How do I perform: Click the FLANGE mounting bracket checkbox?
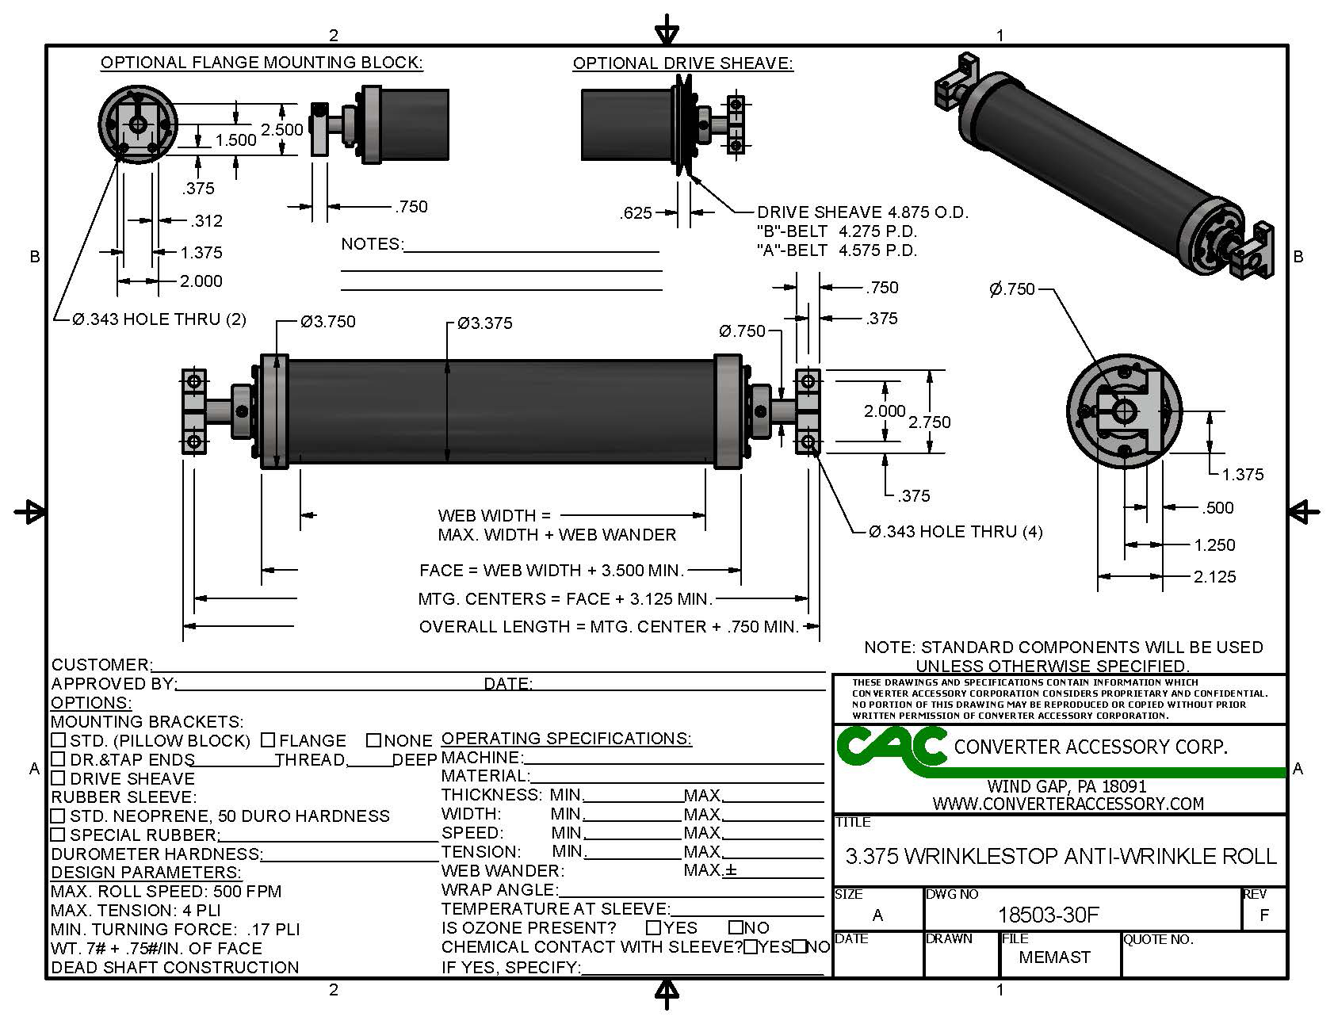coord(268,740)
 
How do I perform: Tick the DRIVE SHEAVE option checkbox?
coord(58,778)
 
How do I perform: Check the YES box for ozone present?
coord(654,927)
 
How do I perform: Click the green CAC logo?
coord(891,747)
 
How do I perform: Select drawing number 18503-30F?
coord(1048,915)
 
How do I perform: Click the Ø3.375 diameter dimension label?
coord(485,323)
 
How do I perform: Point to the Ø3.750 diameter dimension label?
coord(327,322)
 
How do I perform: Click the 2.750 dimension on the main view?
coord(929,422)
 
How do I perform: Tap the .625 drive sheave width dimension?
coord(636,213)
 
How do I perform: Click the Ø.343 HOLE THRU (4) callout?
coord(955,532)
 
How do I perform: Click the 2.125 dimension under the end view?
coord(1214,577)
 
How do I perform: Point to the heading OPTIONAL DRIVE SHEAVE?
coord(682,63)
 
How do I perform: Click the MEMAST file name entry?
coord(1053,957)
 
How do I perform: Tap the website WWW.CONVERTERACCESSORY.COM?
coord(1068,804)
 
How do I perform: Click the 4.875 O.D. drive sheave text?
coord(862,212)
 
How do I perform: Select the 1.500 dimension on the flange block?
coord(235,140)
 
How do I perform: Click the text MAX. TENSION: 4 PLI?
coord(136,911)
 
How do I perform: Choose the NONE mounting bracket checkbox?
coord(374,740)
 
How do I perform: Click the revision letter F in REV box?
coord(1263,915)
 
